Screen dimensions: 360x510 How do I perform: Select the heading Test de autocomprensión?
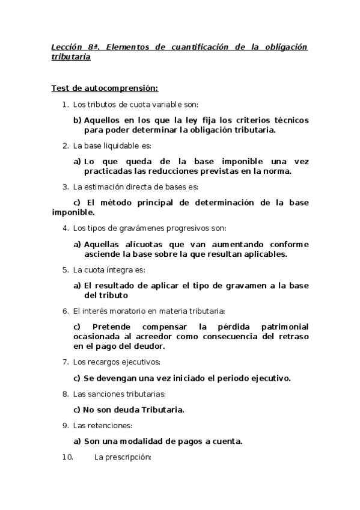click(105, 88)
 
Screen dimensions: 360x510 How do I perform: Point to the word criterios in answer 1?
click(239, 120)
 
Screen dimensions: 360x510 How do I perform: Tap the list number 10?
click(67, 457)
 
